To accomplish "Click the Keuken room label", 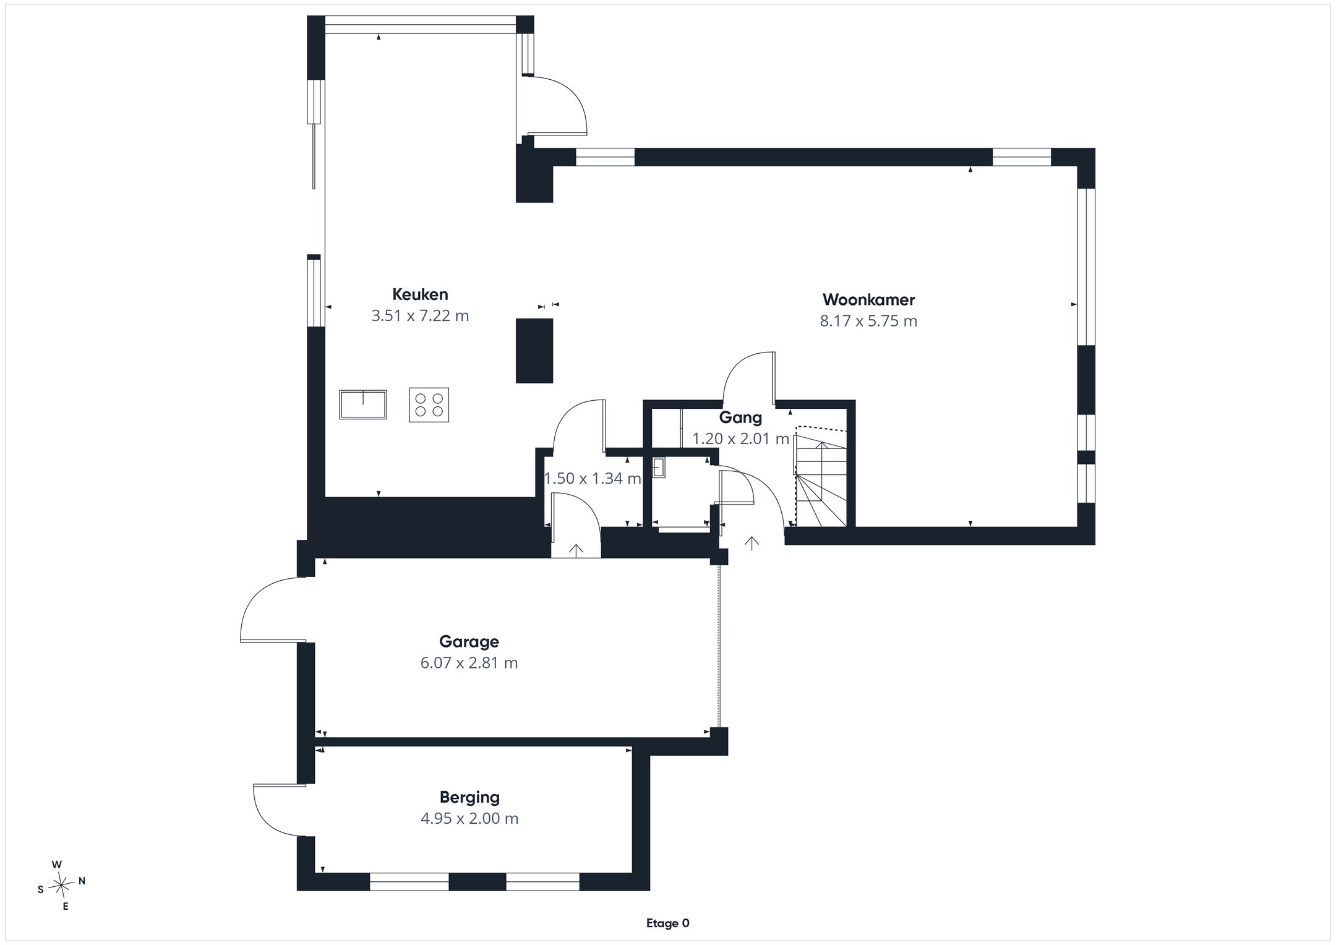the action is click(420, 294).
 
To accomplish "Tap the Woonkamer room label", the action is click(868, 300).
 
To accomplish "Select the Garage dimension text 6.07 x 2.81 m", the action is click(469, 663).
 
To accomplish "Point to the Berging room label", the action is click(469, 798).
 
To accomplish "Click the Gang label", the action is click(740, 417).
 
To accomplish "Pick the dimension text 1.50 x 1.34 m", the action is click(593, 478).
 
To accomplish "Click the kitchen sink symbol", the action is click(363, 404).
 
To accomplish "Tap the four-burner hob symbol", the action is click(429, 405).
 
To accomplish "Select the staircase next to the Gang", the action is click(821, 476).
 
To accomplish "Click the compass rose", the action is click(61, 886).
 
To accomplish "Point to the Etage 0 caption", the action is click(667, 923).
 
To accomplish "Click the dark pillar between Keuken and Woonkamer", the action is click(534, 351).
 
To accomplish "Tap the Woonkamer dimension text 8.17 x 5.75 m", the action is click(868, 321).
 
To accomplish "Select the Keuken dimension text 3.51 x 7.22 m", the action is click(420, 316).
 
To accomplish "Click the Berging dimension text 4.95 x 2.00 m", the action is click(469, 819).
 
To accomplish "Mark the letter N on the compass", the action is click(82, 881).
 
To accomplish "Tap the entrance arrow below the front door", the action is click(751, 544).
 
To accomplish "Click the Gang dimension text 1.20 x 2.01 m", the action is click(740, 439).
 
